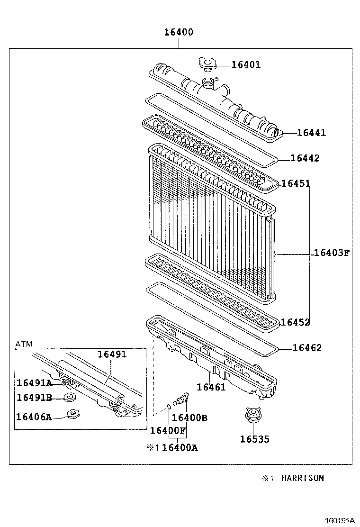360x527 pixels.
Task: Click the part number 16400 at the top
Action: (179, 33)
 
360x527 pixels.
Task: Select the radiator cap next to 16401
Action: (207, 64)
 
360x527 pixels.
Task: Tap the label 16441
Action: (311, 133)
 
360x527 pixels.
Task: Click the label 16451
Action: (296, 183)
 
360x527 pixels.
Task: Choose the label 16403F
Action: (331, 253)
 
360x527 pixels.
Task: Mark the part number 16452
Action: (295, 322)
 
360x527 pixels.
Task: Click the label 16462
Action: (307, 348)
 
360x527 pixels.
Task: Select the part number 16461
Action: (211, 387)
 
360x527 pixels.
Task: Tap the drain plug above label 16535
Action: (252, 416)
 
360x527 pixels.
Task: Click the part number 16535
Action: (254, 439)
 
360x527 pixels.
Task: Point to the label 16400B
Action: (189, 418)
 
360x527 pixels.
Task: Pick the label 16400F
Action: (168, 430)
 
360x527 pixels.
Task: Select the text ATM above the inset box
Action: (24, 344)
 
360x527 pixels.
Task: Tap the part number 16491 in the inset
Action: (112, 354)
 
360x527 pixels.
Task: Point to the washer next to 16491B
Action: (70, 397)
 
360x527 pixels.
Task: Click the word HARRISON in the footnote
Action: (303, 478)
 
